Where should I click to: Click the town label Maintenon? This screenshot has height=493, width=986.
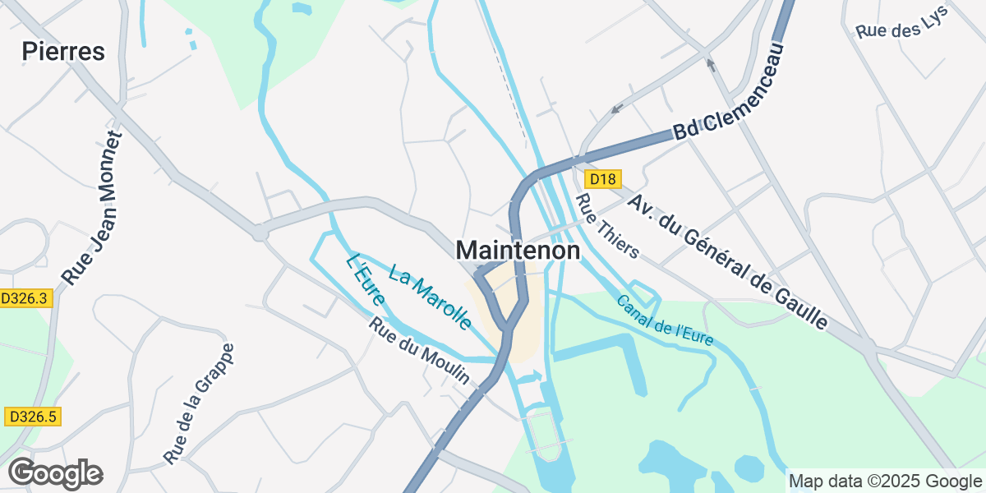coord(518,251)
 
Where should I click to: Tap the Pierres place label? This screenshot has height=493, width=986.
coord(63,52)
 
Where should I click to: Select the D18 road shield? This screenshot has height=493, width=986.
coord(602,179)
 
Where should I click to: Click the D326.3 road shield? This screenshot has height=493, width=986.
coord(25,299)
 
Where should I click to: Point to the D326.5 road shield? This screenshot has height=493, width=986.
coord(31,417)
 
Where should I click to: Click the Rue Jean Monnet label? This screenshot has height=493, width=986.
coord(92,210)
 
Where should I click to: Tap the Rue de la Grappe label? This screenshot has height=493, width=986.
coord(199,403)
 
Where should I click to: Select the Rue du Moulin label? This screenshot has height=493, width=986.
coord(418,351)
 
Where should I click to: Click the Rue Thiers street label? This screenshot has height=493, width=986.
coord(607,226)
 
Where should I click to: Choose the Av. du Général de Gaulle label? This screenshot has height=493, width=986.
coord(727,262)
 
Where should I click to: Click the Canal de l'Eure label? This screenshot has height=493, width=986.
coord(665,320)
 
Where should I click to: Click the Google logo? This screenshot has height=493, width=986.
coord(55,473)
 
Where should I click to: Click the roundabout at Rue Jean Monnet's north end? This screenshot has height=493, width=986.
coord(260,234)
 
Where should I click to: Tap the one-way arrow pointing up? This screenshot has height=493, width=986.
coord(711,64)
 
